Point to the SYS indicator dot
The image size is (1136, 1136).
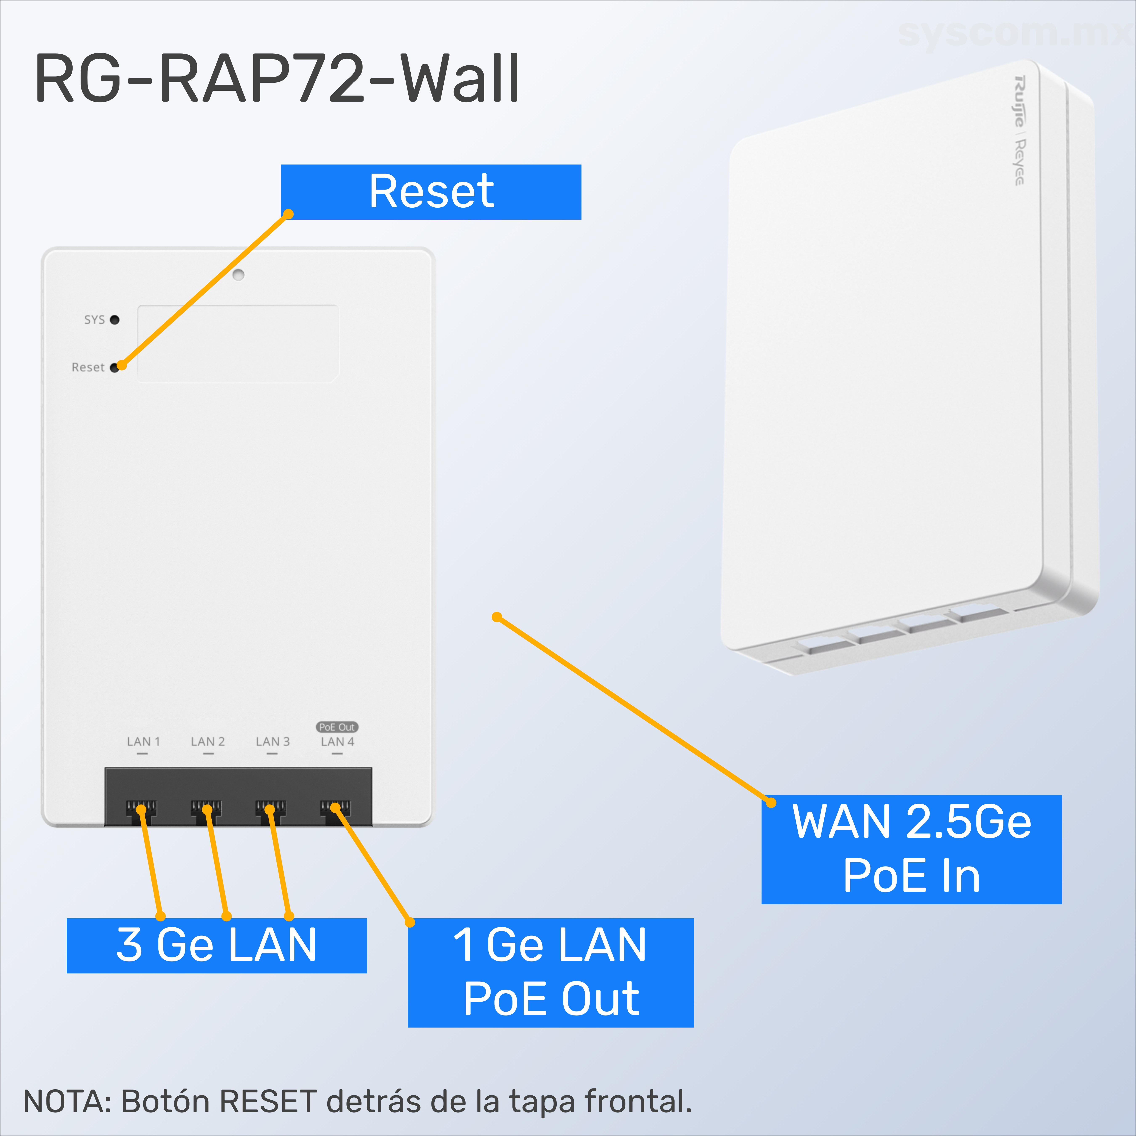(x=115, y=320)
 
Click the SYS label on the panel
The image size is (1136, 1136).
(x=94, y=320)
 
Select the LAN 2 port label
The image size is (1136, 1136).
(x=208, y=742)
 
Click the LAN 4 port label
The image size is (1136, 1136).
(x=337, y=742)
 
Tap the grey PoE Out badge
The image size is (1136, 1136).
(x=337, y=727)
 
